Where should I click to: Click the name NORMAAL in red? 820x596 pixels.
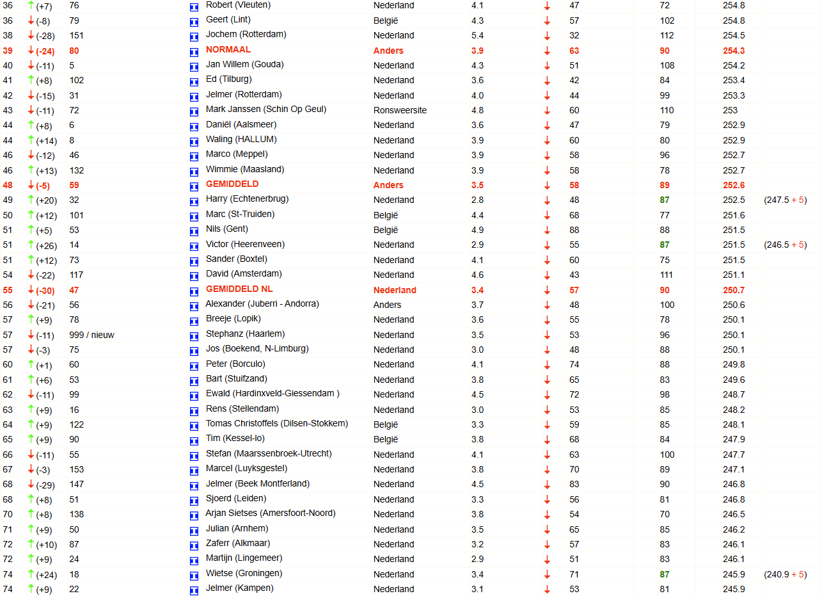(228, 50)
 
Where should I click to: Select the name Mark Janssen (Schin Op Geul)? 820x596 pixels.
(266, 109)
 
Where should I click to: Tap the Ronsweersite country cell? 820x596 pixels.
(400, 110)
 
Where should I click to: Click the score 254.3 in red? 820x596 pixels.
(734, 51)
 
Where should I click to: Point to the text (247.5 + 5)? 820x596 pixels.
(785, 200)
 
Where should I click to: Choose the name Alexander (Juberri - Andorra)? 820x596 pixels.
(262, 304)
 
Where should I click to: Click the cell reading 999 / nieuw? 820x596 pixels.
(91, 335)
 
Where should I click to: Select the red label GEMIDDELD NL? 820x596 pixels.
(239, 289)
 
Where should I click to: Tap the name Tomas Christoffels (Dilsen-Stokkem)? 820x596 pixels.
(277, 424)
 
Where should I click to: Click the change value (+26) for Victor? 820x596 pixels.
(47, 245)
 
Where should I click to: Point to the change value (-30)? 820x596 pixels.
(47, 290)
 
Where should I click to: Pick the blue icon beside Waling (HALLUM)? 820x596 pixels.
(194, 141)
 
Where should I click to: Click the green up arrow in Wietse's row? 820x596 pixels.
(31, 574)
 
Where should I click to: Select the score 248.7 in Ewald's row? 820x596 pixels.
(734, 394)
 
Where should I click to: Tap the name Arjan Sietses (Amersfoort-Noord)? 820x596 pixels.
(271, 513)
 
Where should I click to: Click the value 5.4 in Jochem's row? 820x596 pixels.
(477, 35)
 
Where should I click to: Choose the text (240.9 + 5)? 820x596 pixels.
(785, 575)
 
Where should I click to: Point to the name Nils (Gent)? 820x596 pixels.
(227, 229)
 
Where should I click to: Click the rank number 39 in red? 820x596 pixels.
(8, 51)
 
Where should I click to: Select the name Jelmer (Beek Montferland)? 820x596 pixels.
(258, 484)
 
